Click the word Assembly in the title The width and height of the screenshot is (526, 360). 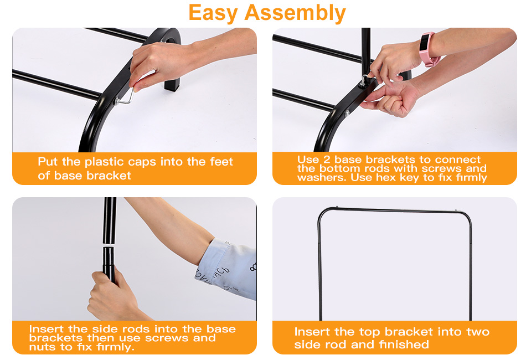(x=295, y=13)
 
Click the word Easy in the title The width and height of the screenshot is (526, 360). (x=213, y=13)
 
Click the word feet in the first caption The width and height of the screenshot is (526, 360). (x=221, y=161)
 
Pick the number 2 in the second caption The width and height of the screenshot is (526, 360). (x=327, y=160)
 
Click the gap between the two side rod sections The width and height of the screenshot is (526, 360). (x=109, y=245)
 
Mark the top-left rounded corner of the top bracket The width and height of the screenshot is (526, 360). (x=323, y=214)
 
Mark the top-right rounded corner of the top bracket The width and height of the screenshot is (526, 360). (x=466, y=217)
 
